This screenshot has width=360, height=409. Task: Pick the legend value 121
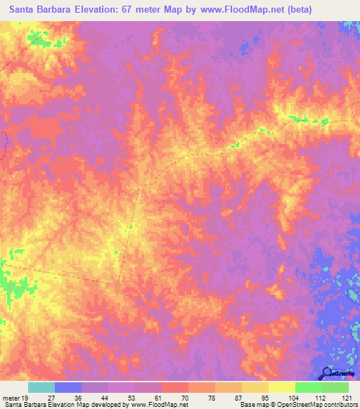[x=345, y=397]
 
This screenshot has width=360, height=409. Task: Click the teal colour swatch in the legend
[x=41, y=387]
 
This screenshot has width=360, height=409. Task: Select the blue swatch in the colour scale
[x=68, y=387]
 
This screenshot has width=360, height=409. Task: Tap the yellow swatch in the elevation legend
[x=282, y=387]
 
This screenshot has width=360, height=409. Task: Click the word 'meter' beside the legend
[x=11, y=397]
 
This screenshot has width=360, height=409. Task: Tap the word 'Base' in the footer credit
[x=246, y=405]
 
